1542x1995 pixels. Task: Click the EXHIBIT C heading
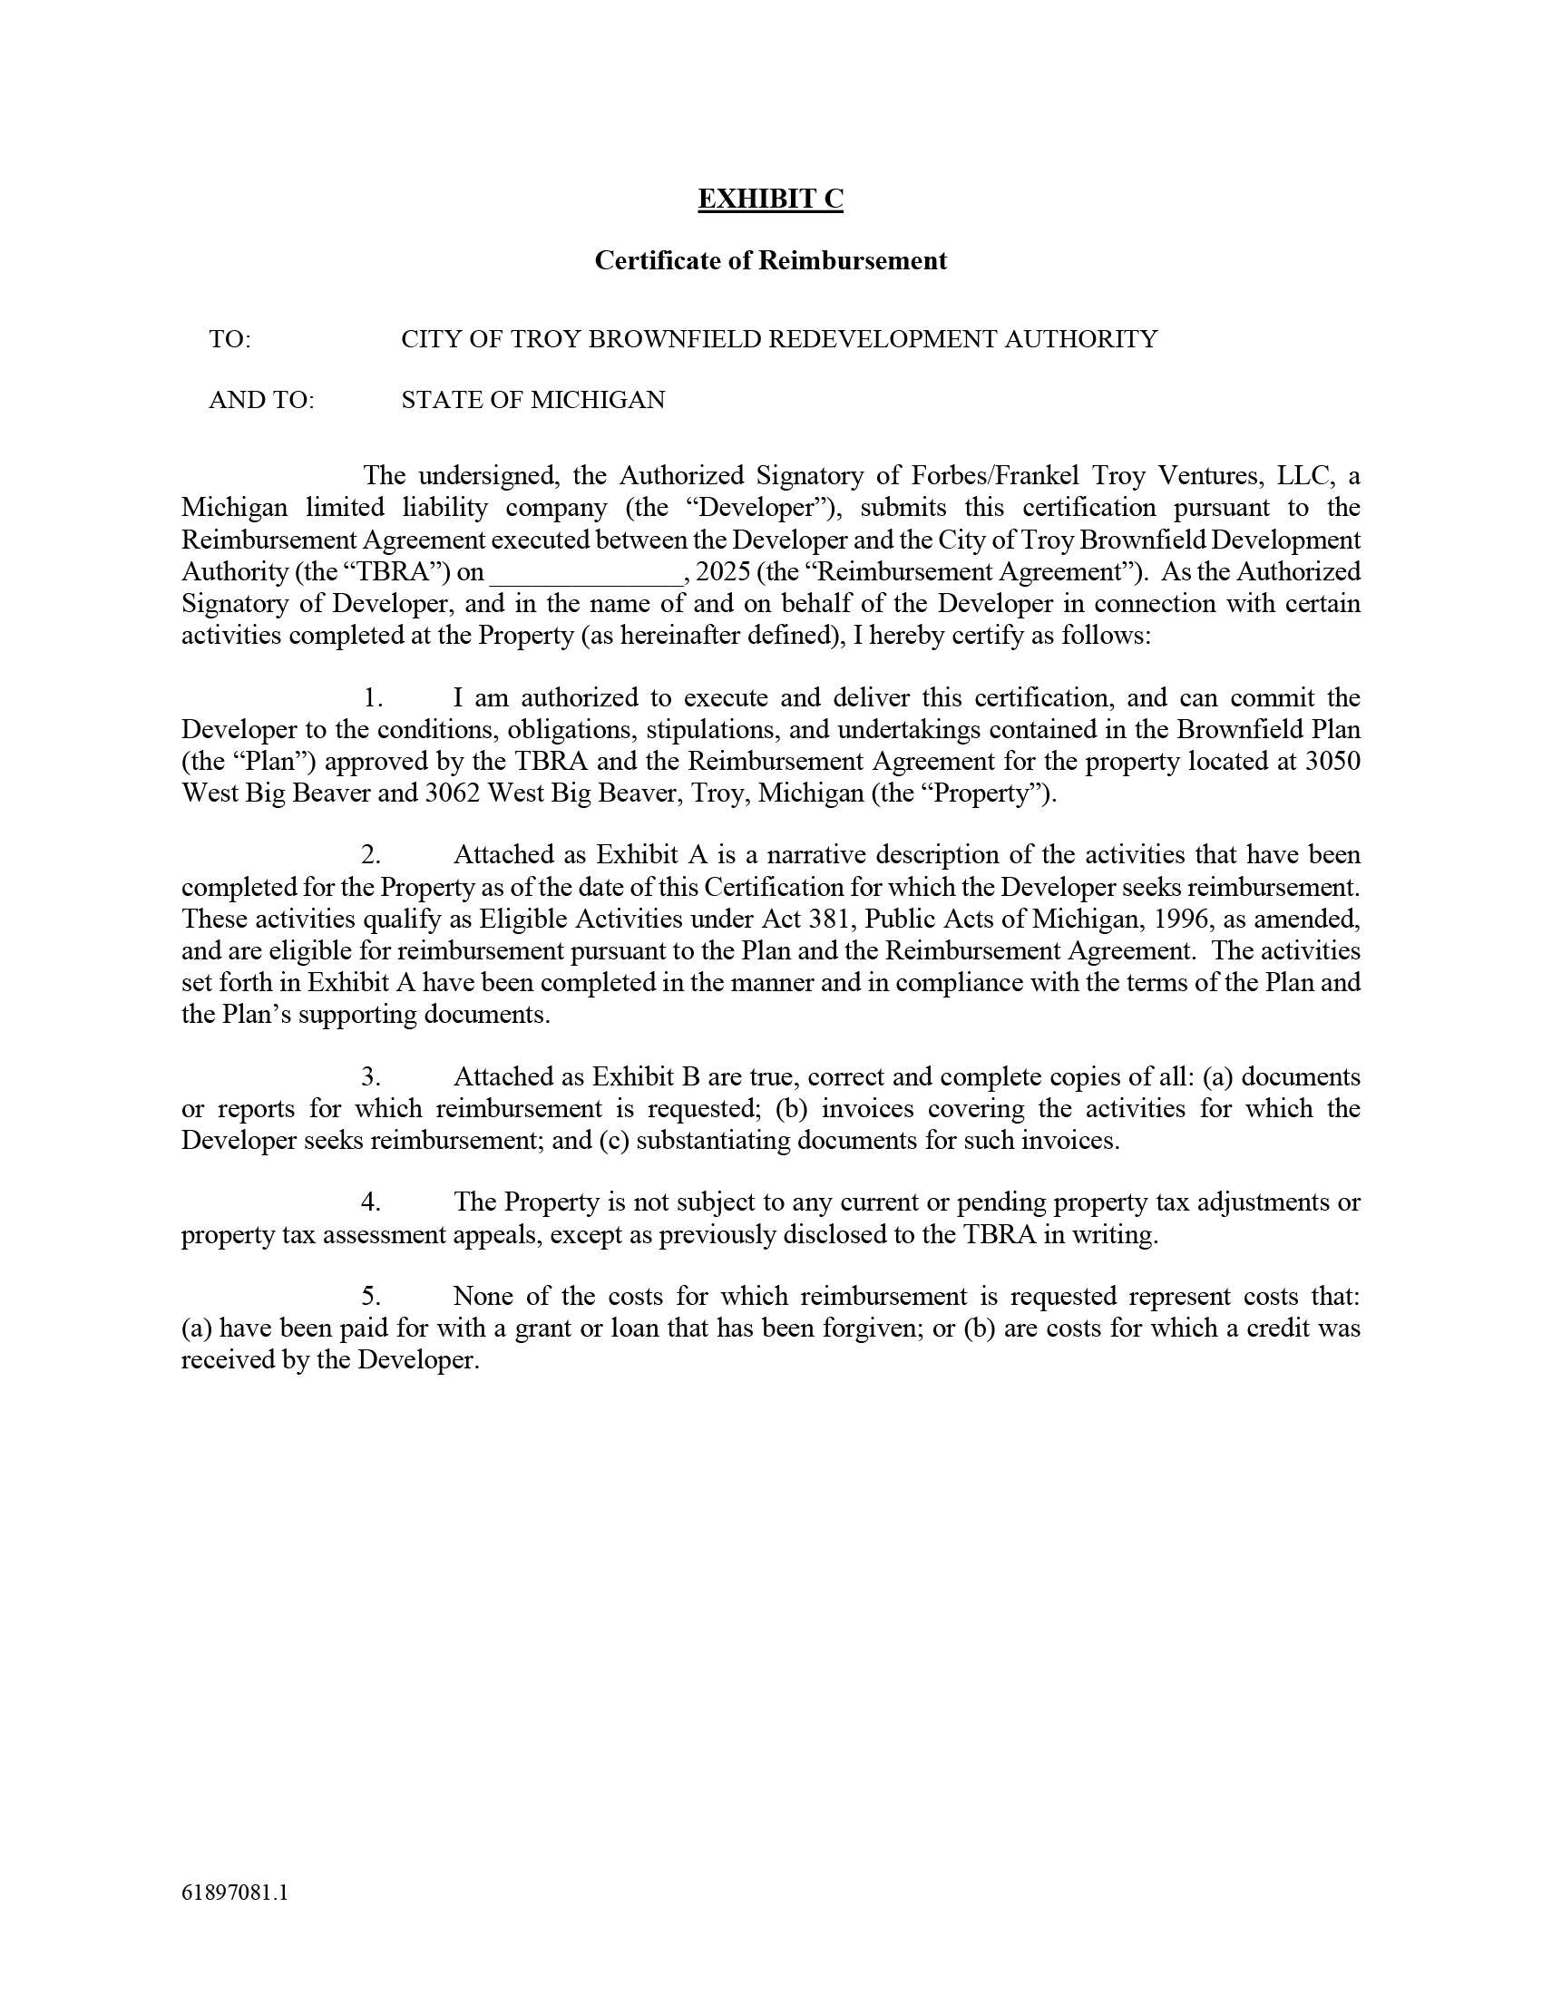770,199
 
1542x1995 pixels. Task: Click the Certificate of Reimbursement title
770,261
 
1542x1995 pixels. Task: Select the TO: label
229,340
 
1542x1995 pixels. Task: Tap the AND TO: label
261,400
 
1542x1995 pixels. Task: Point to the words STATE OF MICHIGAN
532,400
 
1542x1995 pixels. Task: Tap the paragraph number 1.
372,698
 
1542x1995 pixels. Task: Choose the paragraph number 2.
371,855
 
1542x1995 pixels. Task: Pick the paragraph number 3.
371,1077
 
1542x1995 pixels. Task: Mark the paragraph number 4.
371,1202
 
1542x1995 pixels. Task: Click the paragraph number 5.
371,1296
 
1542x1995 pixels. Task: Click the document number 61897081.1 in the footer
235,1893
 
